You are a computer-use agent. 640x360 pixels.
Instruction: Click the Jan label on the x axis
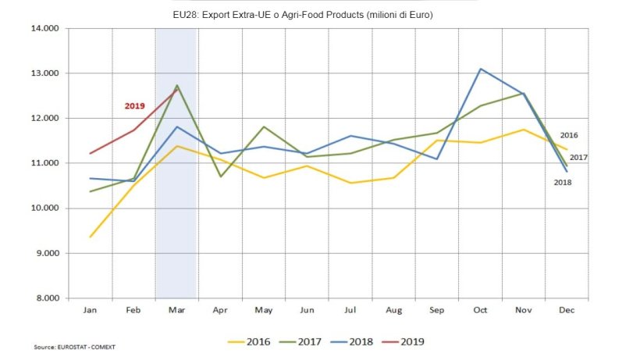click(x=90, y=311)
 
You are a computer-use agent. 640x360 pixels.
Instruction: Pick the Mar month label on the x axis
click(x=176, y=311)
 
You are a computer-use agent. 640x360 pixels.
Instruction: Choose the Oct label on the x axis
click(x=480, y=311)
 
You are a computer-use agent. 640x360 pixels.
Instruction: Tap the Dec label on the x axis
click(x=566, y=311)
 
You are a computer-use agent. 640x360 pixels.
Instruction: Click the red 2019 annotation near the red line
click(x=134, y=105)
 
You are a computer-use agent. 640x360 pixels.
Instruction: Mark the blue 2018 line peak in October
click(x=481, y=69)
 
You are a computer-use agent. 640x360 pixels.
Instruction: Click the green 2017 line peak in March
click(x=176, y=85)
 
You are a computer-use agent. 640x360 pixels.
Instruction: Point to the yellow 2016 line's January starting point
click(x=91, y=237)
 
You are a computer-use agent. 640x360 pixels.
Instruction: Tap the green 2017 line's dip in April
click(x=221, y=176)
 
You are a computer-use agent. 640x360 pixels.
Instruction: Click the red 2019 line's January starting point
click(x=91, y=153)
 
